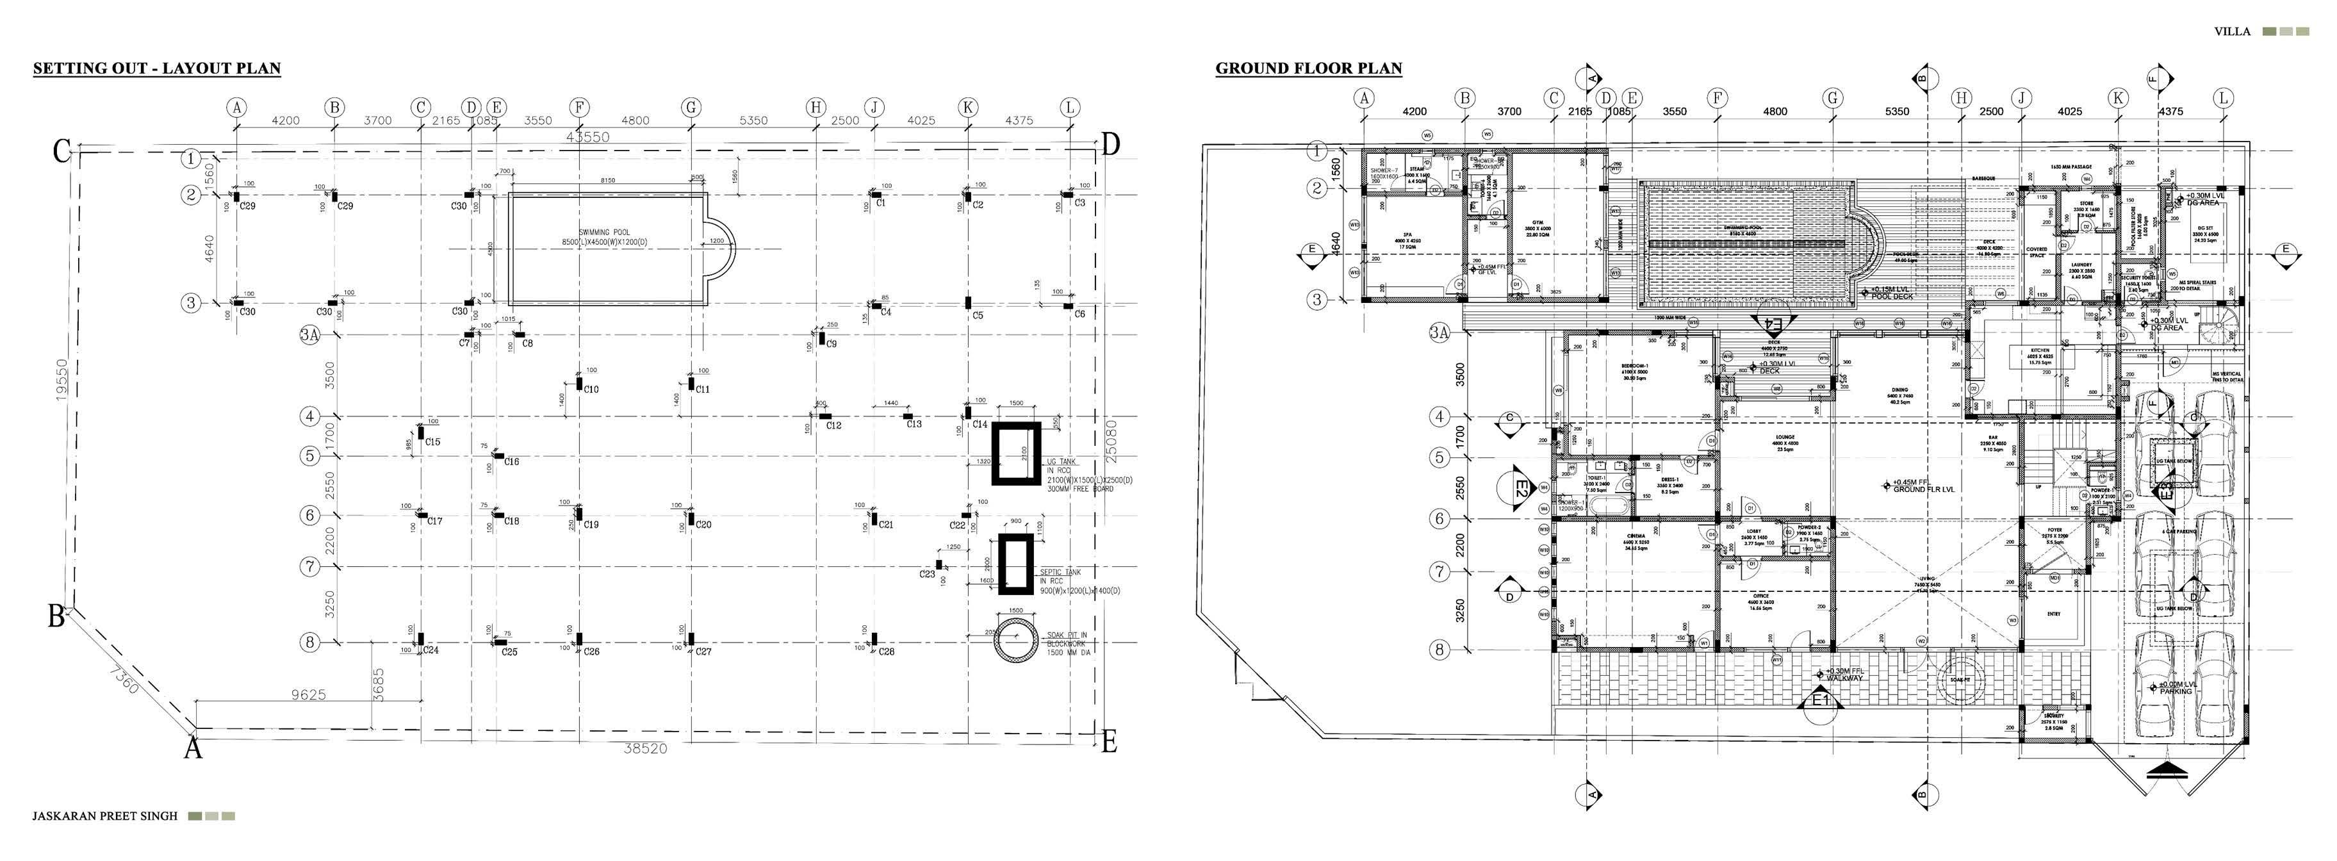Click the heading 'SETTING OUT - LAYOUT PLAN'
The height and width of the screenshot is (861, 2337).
click(x=157, y=68)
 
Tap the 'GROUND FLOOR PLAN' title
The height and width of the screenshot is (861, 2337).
click(x=1308, y=68)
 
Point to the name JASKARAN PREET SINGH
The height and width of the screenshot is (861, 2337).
click(x=105, y=816)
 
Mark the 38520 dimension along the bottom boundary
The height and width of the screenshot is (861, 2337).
click(x=645, y=748)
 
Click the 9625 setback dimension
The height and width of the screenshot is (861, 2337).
click(x=308, y=695)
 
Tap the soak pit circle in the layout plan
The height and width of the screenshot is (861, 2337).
click(x=1015, y=641)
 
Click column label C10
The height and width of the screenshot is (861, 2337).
click(x=591, y=389)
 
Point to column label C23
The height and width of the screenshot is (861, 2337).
click(x=927, y=574)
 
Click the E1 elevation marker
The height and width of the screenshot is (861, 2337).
click(x=1821, y=700)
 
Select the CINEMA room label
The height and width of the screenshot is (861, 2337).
click(x=1636, y=537)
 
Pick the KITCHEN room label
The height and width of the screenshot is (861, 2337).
click(x=2040, y=351)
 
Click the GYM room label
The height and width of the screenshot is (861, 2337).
click(x=1537, y=222)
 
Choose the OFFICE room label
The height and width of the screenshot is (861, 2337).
click(x=1761, y=596)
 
